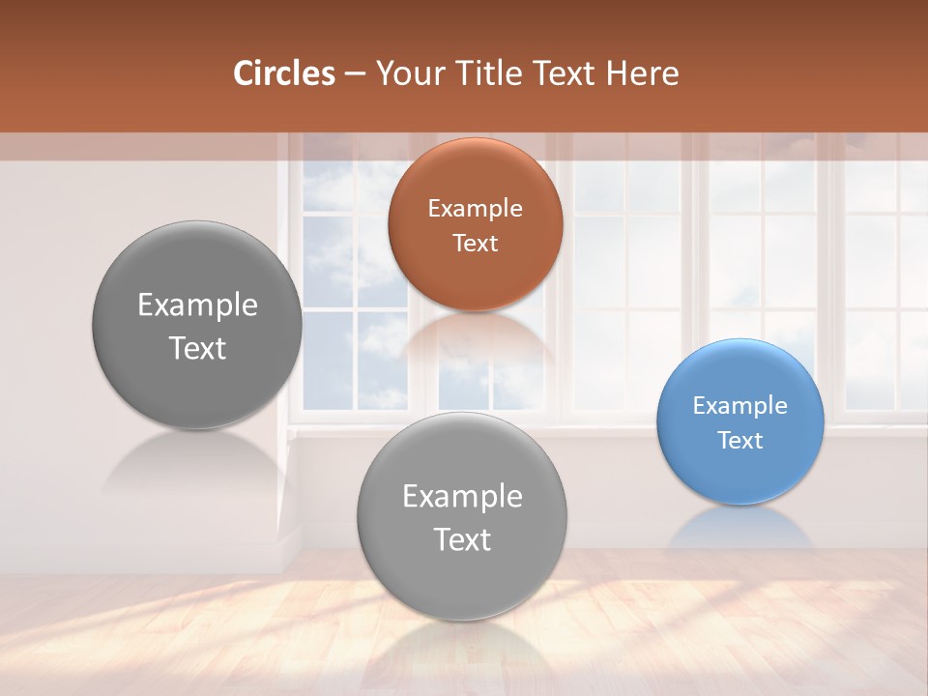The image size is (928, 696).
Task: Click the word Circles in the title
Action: pyautogui.click(x=283, y=73)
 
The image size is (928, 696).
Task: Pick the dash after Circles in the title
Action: pyautogui.click(x=355, y=74)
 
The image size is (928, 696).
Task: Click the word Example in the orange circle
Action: pyautogui.click(x=475, y=208)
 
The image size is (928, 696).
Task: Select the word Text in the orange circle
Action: pyautogui.click(x=475, y=243)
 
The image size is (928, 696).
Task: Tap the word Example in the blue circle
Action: pyautogui.click(x=739, y=405)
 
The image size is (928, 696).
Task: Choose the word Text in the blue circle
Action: pyautogui.click(x=739, y=440)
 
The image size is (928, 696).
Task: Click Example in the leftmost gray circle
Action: pyautogui.click(x=197, y=304)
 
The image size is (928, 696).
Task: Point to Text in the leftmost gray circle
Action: pyautogui.click(x=197, y=348)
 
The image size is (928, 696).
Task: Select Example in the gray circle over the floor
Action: pyautogui.click(x=462, y=496)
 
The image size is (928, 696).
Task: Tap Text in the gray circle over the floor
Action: pyautogui.click(x=462, y=539)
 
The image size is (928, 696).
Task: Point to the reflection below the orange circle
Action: pyautogui.click(x=475, y=338)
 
